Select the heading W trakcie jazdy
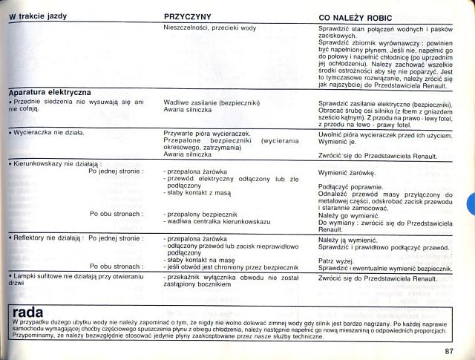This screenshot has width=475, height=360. pyautogui.click(x=38, y=16)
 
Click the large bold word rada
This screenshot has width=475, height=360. pyautogui.click(x=28, y=312)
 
